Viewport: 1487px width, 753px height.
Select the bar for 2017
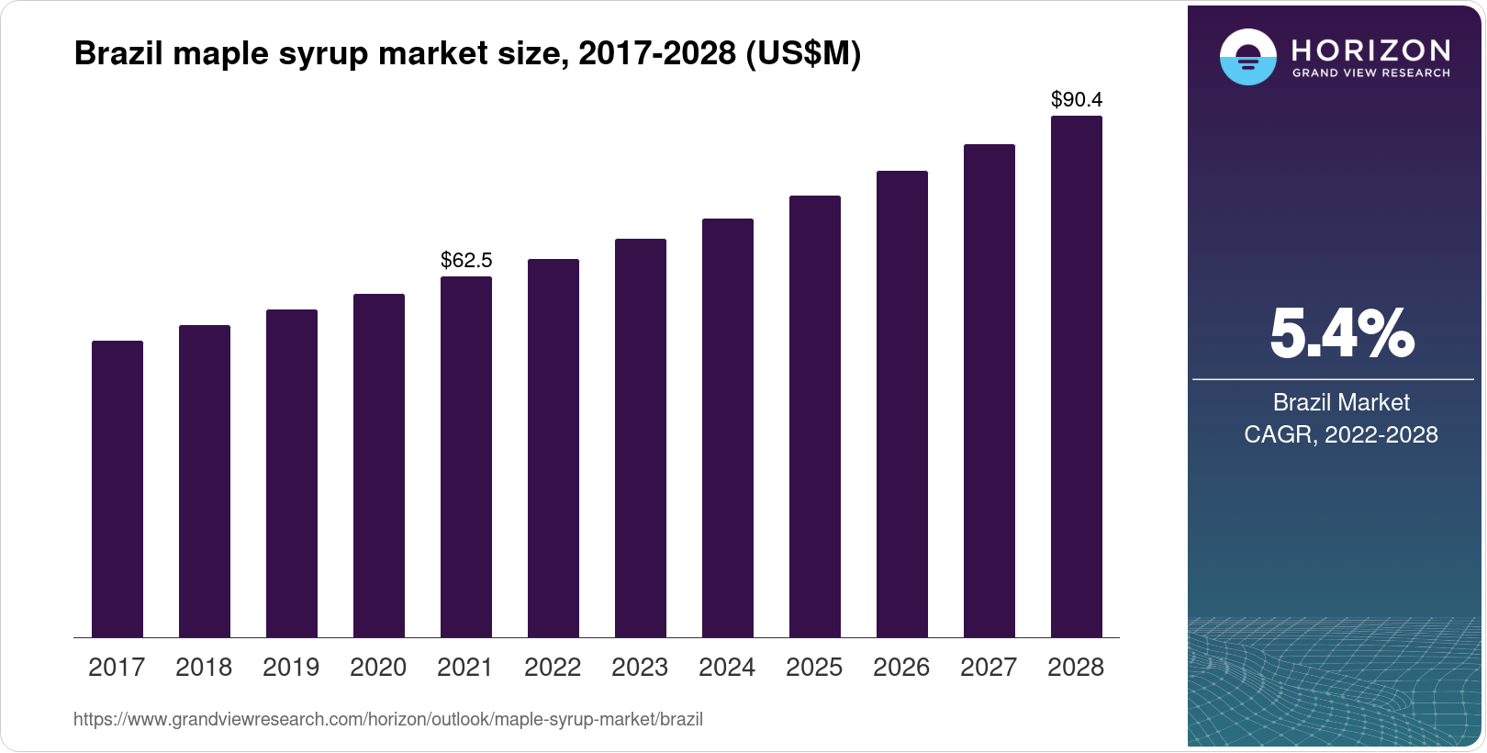click(x=117, y=489)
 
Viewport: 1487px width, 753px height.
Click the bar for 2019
click(x=292, y=473)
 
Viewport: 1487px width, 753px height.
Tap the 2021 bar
click(x=466, y=456)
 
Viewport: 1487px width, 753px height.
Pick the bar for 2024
click(x=728, y=428)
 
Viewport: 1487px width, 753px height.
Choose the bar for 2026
click(x=902, y=404)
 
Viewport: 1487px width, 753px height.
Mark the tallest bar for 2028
click(x=1077, y=376)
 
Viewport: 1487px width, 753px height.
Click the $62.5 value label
click(x=466, y=260)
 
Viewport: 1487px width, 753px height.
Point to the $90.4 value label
click(x=1077, y=99)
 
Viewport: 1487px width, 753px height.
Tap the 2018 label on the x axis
click(x=204, y=668)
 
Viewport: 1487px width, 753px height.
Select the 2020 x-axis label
click(x=378, y=668)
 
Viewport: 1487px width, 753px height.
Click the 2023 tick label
click(x=640, y=668)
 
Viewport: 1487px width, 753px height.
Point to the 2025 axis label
click(x=814, y=668)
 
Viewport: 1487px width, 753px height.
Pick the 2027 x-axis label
click(x=989, y=668)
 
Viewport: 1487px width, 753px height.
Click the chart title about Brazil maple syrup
click(x=467, y=54)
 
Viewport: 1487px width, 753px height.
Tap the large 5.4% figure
click(x=1341, y=333)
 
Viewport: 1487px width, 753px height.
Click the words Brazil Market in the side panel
click(x=1341, y=402)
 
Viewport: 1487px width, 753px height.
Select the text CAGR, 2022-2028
click(x=1341, y=434)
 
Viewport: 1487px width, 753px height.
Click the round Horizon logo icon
click(x=1247, y=57)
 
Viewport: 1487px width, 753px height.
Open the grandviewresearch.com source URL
click(x=388, y=720)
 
